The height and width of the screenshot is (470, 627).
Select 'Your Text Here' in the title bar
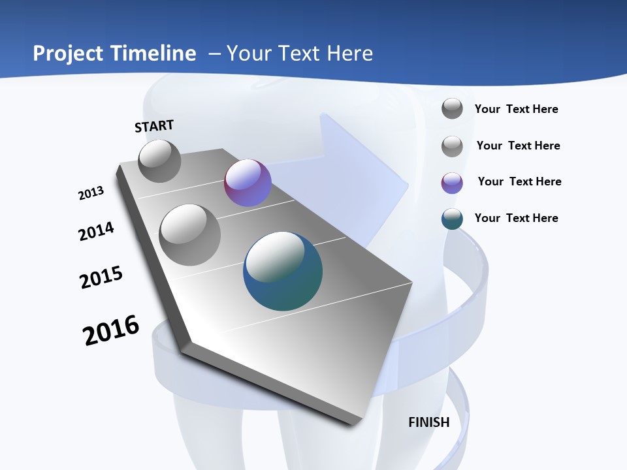[299, 54]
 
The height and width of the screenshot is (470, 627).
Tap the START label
[154, 126]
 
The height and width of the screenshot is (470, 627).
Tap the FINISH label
[429, 422]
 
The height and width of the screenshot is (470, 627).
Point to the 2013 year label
[91, 193]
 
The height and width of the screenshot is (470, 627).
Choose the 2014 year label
[96, 231]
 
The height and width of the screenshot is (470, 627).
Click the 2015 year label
[101, 277]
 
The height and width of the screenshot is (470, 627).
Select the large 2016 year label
[111, 330]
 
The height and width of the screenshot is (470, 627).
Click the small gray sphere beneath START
[159, 161]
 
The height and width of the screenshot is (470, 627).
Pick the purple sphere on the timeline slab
[248, 183]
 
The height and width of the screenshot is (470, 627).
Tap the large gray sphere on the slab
[189, 234]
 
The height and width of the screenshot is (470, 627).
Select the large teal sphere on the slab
[283, 270]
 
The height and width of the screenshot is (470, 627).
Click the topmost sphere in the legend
[452, 108]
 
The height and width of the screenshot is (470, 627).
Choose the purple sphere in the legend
[452, 183]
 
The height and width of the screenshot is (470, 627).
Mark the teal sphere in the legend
[452, 219]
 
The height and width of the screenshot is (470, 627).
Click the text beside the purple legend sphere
[519, 181]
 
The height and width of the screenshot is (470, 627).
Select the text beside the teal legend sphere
[516, 218]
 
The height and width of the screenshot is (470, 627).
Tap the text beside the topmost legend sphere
[516, 109]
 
